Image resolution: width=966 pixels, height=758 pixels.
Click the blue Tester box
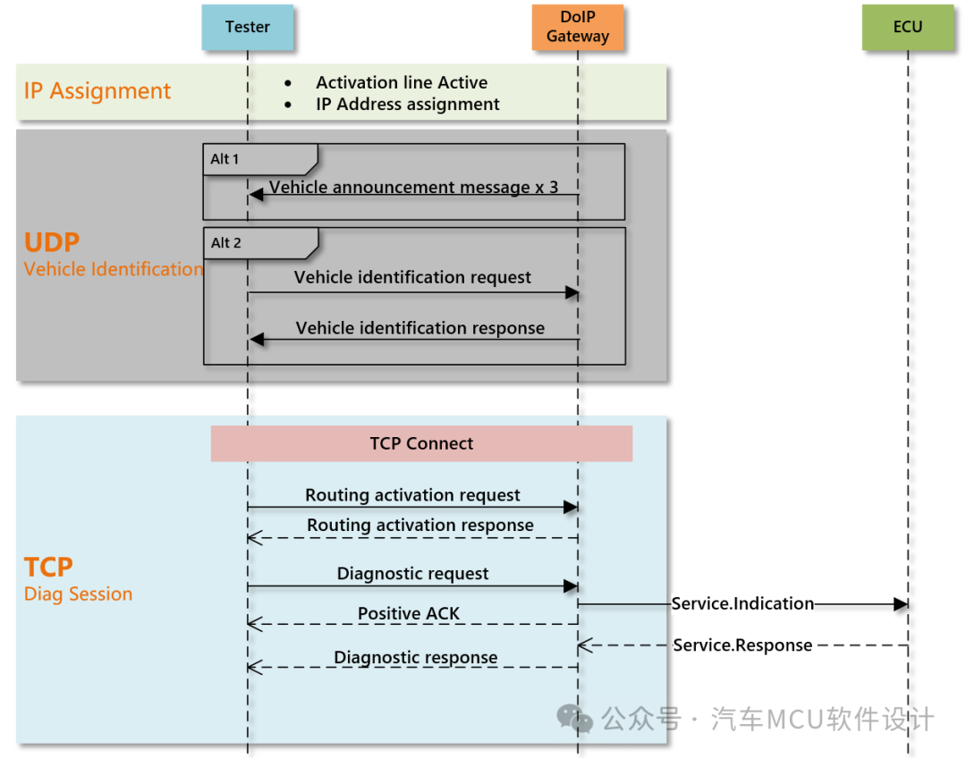[248, 27]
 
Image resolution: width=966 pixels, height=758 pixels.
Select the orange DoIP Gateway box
[578, 27]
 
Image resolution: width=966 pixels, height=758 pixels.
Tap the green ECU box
[908, 27]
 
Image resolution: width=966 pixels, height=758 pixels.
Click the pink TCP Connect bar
[421, 443]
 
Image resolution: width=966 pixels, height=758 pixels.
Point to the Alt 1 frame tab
[260, 159]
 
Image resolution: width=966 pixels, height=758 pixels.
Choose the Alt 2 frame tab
[260, 243]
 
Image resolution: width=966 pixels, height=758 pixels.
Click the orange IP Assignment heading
[97, 91]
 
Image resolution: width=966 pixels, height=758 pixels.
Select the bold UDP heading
[52, 242]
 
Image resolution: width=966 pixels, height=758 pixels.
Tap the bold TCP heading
[48, 567]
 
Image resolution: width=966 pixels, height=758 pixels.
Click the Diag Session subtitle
[78, 594]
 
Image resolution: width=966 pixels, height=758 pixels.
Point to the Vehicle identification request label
[412, 278]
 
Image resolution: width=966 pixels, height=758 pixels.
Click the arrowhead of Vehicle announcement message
[256, 195]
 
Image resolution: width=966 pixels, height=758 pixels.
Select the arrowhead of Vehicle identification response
[257, 340]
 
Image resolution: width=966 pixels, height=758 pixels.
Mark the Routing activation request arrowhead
[571, 508]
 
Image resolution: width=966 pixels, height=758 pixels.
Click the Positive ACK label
[409, 614]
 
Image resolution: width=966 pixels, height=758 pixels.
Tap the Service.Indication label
[742, 604]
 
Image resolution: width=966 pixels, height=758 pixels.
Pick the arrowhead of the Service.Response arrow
[585, 645]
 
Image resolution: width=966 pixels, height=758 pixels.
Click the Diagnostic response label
[416, 658]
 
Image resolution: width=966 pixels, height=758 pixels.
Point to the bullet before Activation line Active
[288, 83]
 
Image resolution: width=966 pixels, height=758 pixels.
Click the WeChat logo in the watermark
[574, 719]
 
